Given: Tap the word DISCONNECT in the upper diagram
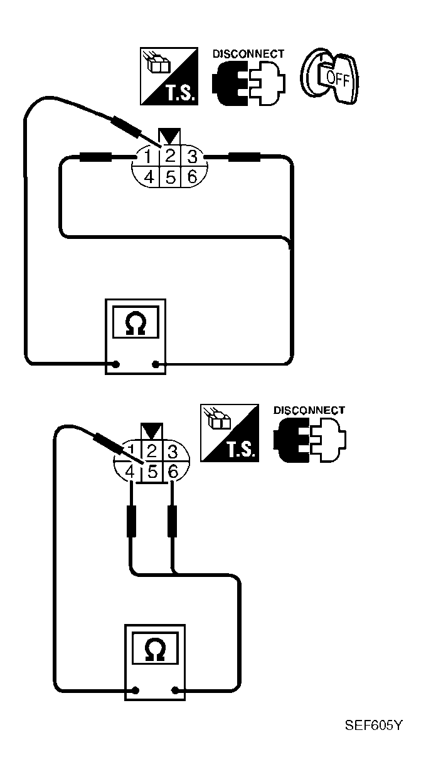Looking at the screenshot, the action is [248, 54].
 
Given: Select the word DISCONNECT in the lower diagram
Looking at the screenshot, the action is [309, 410].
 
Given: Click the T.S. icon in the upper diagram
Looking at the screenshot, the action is [169, 77].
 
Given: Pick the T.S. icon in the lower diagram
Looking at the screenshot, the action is [230, 433].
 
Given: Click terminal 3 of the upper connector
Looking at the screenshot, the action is [192, 157].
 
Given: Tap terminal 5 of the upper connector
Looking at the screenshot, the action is [170, 177].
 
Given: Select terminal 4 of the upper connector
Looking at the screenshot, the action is [149, 177].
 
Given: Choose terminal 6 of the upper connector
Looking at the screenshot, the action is [192, 177].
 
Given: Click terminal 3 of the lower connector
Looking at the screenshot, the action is [173, 452].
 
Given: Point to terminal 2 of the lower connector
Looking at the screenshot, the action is [152, 452].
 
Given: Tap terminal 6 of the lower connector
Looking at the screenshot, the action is [173, 472].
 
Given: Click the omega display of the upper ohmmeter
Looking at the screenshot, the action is [136, 322].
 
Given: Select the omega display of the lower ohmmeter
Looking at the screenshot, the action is [156, 648].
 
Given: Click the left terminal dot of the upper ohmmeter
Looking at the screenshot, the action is [116, 364].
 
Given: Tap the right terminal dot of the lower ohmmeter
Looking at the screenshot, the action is [176, 690].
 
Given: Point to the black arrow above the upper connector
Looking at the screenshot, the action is [169, 136].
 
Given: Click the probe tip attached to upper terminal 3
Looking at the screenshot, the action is [244, 157].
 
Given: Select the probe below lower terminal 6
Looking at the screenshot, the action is [172, 521].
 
